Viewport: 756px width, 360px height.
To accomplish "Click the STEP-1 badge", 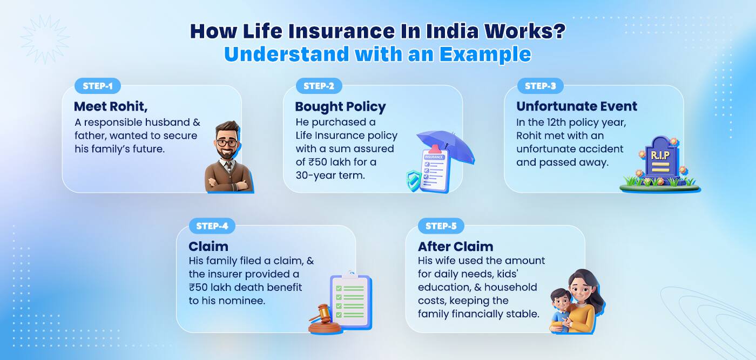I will [x=98, y=86].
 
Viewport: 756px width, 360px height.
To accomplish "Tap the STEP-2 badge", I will [x=319, y=86].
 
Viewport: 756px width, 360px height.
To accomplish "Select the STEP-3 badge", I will [x=540, y=86].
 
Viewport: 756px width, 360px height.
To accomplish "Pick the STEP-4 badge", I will [x=212, y=226].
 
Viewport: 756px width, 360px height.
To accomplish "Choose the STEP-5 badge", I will [x=441, y=226].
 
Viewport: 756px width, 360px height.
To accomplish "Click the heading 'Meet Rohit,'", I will [x=111, y=106].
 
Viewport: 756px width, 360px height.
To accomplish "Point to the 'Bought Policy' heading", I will [x=340, y=106].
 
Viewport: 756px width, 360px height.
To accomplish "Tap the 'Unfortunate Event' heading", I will [x=576, y=106].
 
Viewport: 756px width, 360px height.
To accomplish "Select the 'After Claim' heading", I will [x=455, y=247].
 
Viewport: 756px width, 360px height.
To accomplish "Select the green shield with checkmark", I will [x=414, y=180].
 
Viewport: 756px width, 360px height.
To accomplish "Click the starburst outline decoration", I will [x=45, y=39].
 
